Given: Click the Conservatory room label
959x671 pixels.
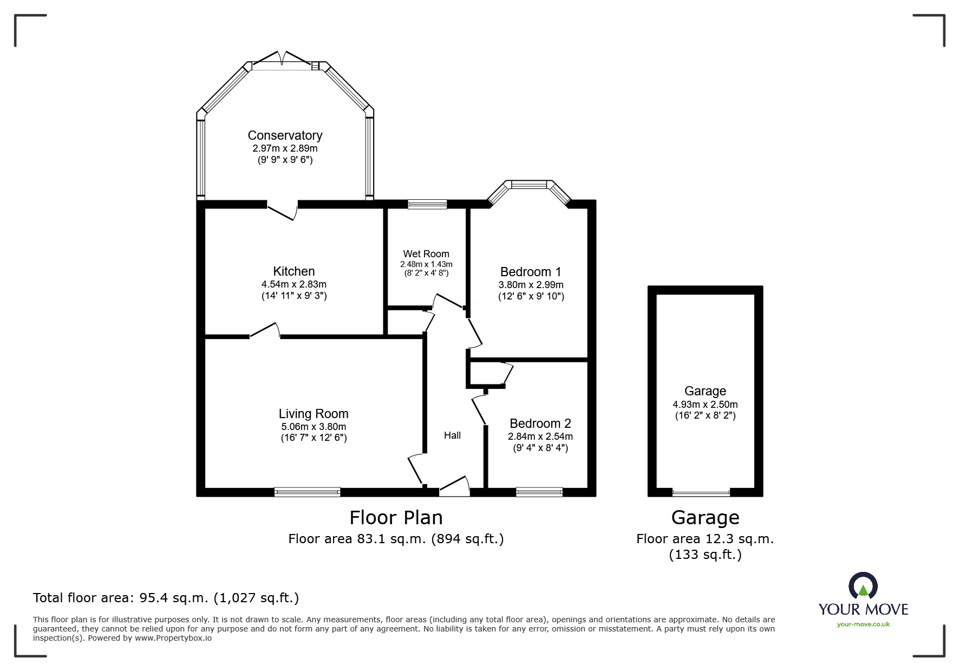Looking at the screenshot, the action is [x=285, y=135].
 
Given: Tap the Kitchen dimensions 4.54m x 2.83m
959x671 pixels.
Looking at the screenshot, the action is [x=294, y=284].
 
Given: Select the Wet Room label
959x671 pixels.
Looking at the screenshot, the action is [x=426, y=254].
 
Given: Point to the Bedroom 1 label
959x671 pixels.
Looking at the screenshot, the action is [x=531, y=272].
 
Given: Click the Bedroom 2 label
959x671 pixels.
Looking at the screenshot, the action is [x=540, y=424].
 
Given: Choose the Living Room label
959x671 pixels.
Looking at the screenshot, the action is [x=314, y=414].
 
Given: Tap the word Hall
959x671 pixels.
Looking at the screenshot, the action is [x=453, y=435].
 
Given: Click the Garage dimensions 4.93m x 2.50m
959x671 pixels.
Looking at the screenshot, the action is [x=705, y=405].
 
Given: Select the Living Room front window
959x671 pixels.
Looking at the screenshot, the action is [x=307, y=492].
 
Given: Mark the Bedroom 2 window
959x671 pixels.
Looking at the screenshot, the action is [x=539, y=492].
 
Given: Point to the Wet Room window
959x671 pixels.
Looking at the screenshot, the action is [x=427, y=204].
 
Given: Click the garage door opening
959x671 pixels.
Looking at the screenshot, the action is [x=701, y=493].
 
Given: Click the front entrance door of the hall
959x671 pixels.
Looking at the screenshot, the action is [x=454, y=486].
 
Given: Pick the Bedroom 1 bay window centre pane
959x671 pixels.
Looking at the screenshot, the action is [x=530, y=185].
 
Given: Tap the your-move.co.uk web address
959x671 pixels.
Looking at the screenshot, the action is [x=863, y=624].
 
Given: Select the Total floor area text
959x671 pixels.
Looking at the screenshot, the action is [x=166, y=598].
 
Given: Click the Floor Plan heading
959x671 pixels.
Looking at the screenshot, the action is [x=396, y=518].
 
